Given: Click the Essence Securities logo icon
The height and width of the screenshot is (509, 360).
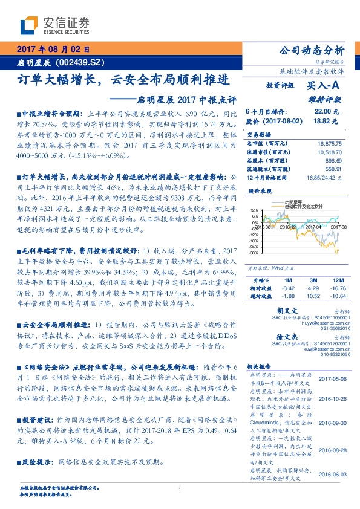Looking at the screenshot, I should pos(30,25).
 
